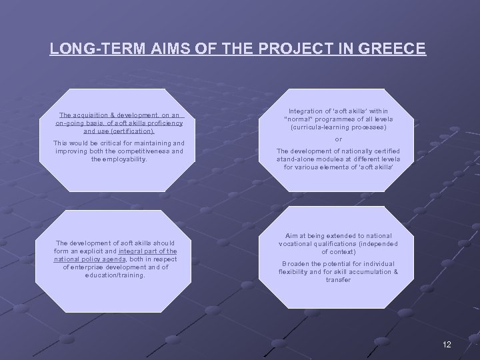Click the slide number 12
[446, 345]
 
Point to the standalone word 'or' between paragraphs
[338, 139]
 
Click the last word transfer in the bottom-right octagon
[338, 280]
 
